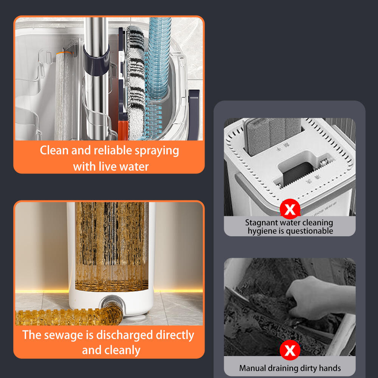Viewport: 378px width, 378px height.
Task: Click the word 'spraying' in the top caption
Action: pyautogui.click(x=157, y=151)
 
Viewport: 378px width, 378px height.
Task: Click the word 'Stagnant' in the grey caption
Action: pyautogui.click(x=259, y=223)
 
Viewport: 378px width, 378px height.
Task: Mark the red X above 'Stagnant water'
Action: pyautogui.click(x=290, y=209)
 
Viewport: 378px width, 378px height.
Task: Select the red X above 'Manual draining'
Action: pyautogui.click(x=290, y=350)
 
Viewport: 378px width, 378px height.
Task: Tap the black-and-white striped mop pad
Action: pyautogui.click(x=135, y=82)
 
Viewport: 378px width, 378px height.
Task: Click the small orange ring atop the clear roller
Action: pyautogui.click(x=64, y=53)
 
